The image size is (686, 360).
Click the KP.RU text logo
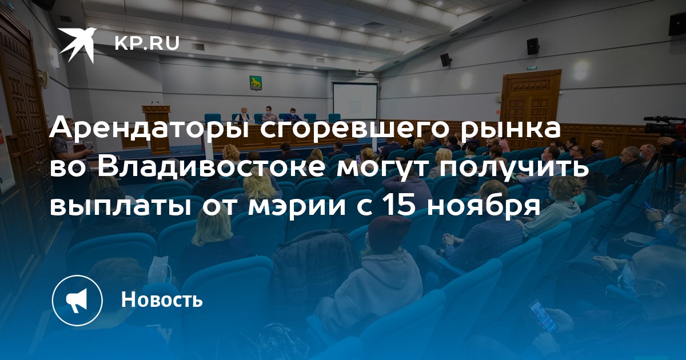[x=147, y=43]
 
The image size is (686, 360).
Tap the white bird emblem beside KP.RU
[x=77, y=45]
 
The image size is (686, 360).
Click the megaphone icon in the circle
[x=77, y=301]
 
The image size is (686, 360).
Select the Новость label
[x=162, y=299]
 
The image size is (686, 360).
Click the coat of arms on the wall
[x=254, y=83]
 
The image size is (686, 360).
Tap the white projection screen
[x=355, y=101]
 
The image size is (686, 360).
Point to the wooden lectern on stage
[x=156, y=129]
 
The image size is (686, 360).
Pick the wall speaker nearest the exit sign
[x=533, y=46]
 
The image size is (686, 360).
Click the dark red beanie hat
[x=389, y=232]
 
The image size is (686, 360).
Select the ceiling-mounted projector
[x=361, y=73]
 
